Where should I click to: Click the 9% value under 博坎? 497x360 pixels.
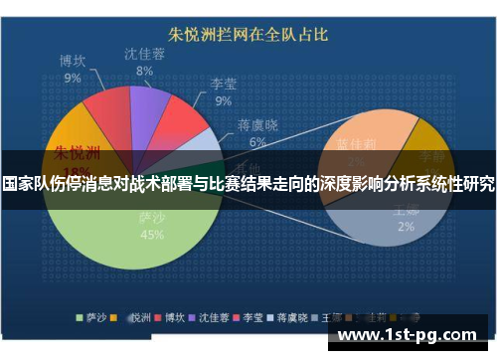coord(73,78)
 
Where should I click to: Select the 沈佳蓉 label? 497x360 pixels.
coord(145,55)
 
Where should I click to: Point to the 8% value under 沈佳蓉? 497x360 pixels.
coord(145,71)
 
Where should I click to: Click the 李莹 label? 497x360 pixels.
coord(223,84)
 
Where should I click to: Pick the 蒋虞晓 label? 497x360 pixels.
coord(257,126)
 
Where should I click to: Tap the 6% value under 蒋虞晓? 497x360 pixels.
coord(257,142)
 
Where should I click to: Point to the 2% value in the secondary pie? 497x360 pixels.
coord(406,226)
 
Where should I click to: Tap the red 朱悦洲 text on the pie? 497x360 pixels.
coord(77,153)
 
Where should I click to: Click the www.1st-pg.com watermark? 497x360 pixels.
coord(415,333)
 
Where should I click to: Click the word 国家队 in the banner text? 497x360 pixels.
coord(24,185)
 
